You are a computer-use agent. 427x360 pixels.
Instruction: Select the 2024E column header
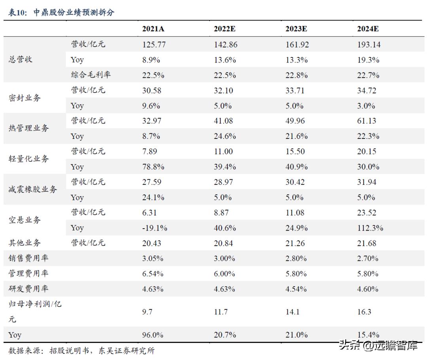(368, 29)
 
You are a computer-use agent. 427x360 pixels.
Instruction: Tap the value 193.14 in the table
(368, 44)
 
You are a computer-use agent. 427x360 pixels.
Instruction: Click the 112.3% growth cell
(370, 228)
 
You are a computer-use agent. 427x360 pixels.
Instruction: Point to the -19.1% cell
(155, 228)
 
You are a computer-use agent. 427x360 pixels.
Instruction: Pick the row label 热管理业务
(28, 128)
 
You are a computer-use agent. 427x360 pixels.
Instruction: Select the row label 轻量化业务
(28, 159)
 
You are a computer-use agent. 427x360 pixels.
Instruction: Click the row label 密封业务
(25, 98)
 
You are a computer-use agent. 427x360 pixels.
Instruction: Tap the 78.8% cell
(153, 167)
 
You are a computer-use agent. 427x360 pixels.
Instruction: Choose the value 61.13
(367, 121)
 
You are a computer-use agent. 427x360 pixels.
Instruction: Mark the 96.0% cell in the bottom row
(153, 335)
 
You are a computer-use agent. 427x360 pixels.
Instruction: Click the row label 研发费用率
(28, 289)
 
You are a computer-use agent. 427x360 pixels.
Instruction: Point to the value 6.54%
(153, 274)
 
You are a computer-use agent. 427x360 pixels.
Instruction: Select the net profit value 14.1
(292, 312)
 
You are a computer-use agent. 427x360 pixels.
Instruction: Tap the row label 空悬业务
(25, 220)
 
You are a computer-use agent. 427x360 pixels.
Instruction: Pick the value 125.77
(154, 44)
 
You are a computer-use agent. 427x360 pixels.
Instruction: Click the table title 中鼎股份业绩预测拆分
(74, 12)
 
